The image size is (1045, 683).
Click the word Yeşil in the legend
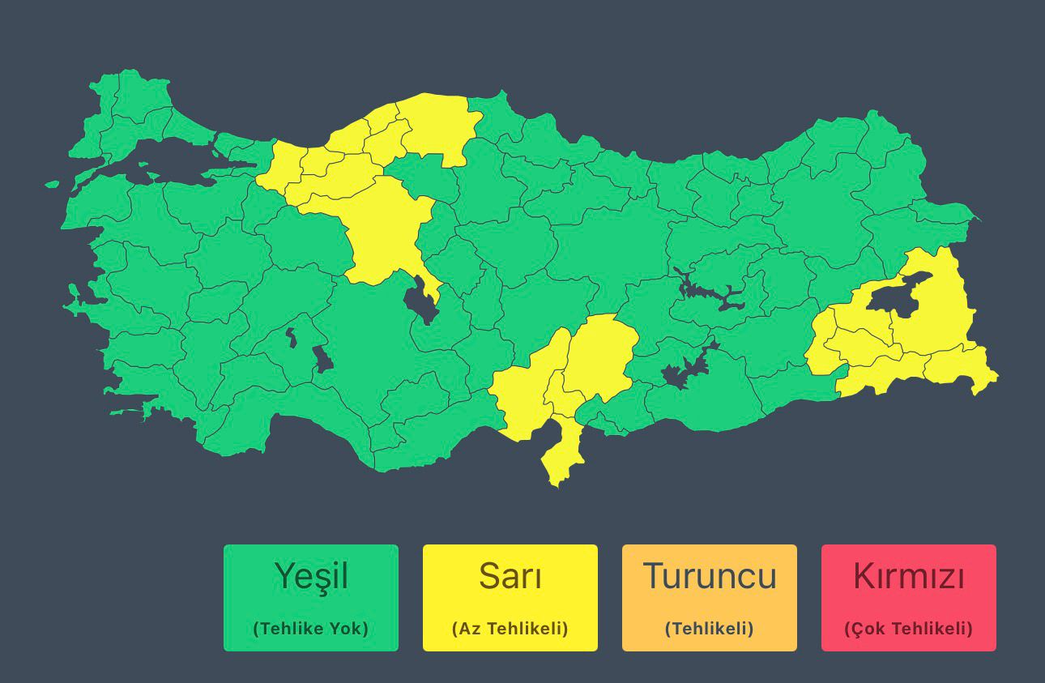click(311, 577)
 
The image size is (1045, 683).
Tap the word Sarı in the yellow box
click(510, 577)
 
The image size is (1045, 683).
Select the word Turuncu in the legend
click(710, 577)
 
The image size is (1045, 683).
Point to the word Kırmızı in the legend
click(909, 577)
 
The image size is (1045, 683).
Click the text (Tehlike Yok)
click(311, 629)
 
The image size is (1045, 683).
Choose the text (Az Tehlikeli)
click(510, 629)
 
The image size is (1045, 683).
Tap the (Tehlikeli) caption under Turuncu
click(710, 629)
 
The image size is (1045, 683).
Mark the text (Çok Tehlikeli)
click(909, 629)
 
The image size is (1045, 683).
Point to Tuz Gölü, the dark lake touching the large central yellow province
click(420, 300)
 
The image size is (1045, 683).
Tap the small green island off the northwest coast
click(53, 184)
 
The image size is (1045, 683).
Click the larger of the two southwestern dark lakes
click(322, 359)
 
